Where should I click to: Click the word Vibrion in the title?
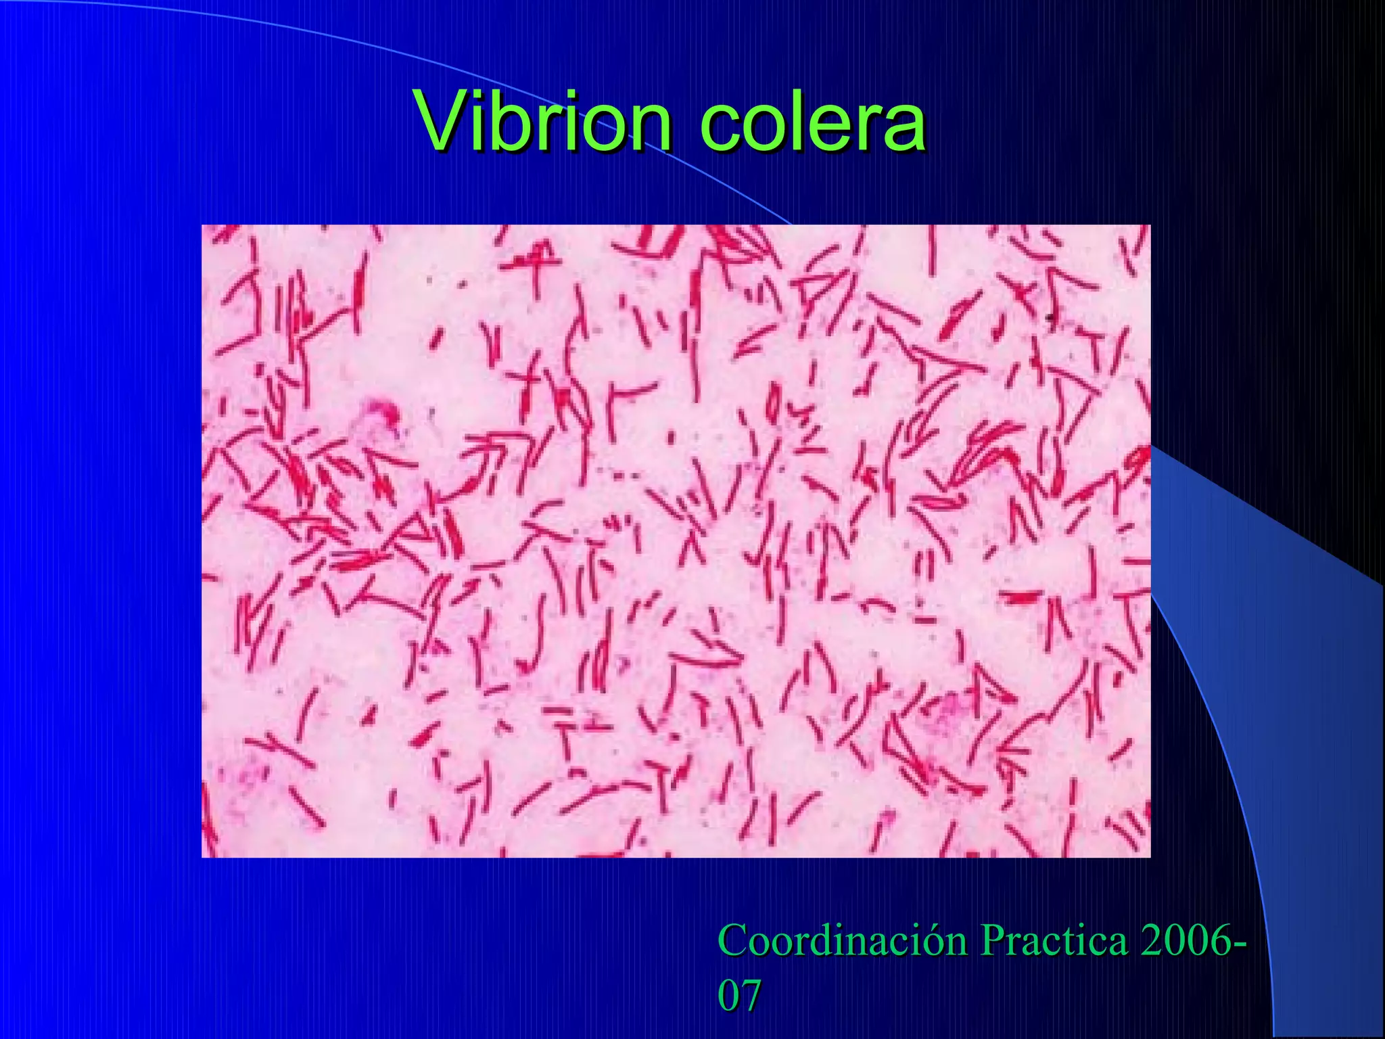coord(544,122)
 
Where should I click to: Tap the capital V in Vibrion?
coord(443,122)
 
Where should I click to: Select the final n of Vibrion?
coord(649,129)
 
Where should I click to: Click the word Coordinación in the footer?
coord(842,940)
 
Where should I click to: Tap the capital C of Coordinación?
coord(732,940)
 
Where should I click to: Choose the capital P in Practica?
coord(991,940)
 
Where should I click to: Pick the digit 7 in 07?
coord(751,995)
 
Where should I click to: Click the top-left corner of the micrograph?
coord(202,225)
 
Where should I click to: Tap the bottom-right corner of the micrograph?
coord(1150,856)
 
